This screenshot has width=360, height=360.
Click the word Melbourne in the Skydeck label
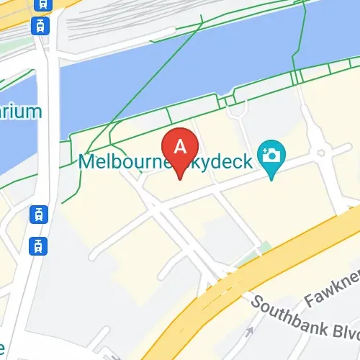click(122, 161)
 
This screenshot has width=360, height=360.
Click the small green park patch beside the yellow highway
click(265, 248)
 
